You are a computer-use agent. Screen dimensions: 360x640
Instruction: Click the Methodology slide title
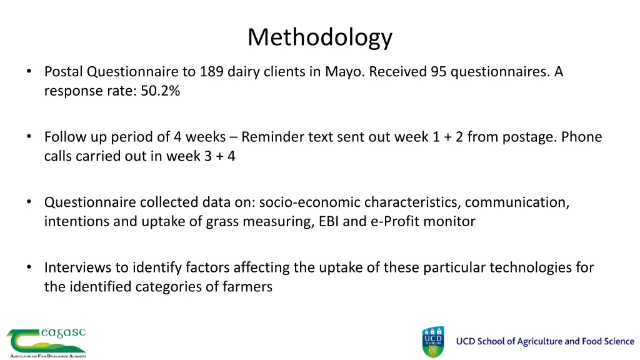pos(319,37)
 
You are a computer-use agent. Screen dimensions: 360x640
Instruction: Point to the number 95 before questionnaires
pos(438,72)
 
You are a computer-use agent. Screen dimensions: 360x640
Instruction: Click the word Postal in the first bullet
pos(64,72)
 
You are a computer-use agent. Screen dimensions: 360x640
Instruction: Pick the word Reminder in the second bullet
pos(272,137)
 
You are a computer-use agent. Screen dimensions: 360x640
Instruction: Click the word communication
pos(516,202)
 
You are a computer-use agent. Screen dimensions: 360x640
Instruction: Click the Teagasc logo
pos(46,342)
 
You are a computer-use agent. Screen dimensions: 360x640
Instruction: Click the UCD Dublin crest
pos(434,342)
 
